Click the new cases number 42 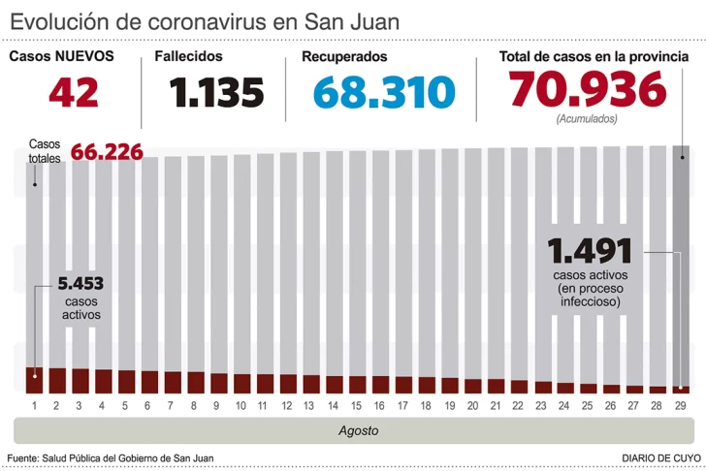click(x=74, y=93)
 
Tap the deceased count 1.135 click(x=216, y=93)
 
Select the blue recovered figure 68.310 click(x=384, y=93)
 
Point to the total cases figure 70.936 click(x=588, y=91)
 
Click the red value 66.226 click(x=107, y=152)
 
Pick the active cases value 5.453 click(x=80, y=284)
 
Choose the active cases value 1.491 click(x=590, y=252)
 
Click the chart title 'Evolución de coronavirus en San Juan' click(x=205, y=21)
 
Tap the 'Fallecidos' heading click(x=188, y=56)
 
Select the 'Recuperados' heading click(x=344, y=56)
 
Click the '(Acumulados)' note click(x=588, y=119)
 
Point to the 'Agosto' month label click(x=359, y=429)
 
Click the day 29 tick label click(x=681, y=404)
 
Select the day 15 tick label click(x=357, y=404)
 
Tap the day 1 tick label click(x=34, y=404)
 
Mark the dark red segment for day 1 click(x=34, y=380)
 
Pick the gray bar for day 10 click(x=241, y=262)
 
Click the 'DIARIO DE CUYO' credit click(x=660, y=457)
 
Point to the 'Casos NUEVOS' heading click(x=61, y=56)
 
